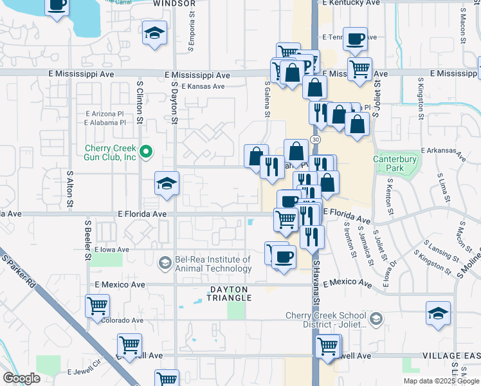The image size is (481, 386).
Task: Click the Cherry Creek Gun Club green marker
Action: point(146,152)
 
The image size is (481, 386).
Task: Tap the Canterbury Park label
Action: point(395,163)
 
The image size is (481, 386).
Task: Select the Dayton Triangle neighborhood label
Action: point(228,294)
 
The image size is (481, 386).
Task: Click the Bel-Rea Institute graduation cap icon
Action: point(165,262)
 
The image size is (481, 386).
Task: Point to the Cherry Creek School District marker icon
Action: point(376,318)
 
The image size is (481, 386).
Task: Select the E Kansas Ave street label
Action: point(203,86)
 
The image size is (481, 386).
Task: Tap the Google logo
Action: point(22,378)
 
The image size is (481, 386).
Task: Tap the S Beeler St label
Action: point(87,240)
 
